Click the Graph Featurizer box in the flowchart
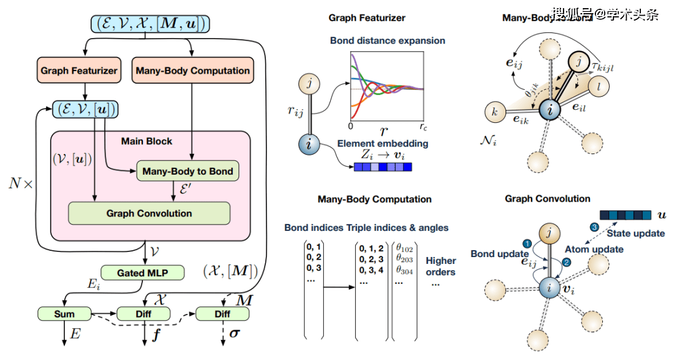pyautogui.click(x=79, y=71)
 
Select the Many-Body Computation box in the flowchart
pyautogui.click(x=193, y=71)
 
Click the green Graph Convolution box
pyautogui.click(x=149, y=213)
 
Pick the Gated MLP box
pyautogui.click(x=142, y=273)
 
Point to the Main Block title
pyautogui.click(x=147, y=141)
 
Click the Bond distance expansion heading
pyautogui.click(x=388, y=41)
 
